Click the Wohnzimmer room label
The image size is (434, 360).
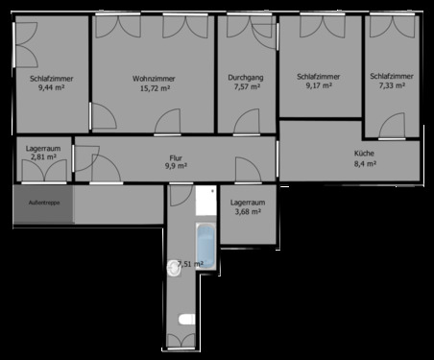(x=152, y=78)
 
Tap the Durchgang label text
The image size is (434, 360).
(x=247, y=77)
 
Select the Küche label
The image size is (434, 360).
(x=364, y=154)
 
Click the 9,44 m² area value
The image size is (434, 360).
(x=52, y=87)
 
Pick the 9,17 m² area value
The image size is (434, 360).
(x=319, y=85)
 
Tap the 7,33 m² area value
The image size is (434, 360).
(x=391, y=85)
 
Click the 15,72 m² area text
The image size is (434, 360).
(x=152, y=88)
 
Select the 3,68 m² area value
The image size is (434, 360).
(x=248, y=214)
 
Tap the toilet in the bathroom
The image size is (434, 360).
(x=185, y=319)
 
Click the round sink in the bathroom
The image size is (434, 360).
(x=175, y=266)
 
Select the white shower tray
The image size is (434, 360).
(x=205, y=201)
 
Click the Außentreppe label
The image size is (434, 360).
(x=43, y=204)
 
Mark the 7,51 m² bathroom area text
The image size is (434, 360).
(x=191, y=264)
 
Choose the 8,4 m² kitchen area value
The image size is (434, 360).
(x=364, y=164)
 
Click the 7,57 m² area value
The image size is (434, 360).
(x=247, y=87)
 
